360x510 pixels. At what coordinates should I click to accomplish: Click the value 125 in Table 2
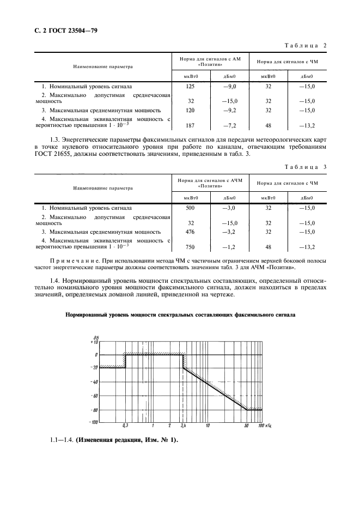point(191,86)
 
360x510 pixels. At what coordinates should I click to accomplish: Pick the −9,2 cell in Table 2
point(229,110)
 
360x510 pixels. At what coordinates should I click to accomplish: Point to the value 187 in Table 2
point(191,125)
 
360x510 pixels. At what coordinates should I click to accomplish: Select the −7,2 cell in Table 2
point(229,125)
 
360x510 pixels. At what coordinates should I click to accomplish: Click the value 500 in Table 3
point(191,208)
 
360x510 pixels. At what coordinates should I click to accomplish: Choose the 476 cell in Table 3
point(191,232)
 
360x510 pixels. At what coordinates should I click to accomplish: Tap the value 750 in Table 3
point(191,247)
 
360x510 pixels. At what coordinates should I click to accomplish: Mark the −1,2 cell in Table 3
point(229,247)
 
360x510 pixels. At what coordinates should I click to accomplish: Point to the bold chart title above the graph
point(180,315)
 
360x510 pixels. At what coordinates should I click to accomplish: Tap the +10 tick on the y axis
point(94,342)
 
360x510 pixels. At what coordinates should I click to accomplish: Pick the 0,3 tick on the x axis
point(125,426)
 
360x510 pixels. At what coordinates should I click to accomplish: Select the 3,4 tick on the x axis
point(183,426)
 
